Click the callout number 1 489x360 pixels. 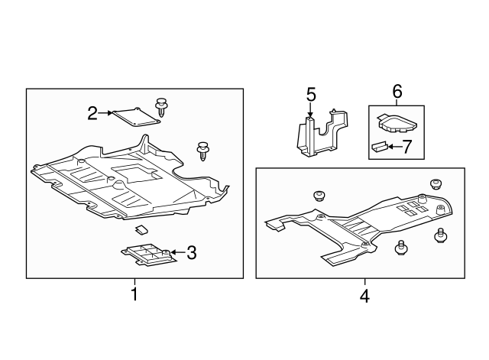click(x=134, y=294)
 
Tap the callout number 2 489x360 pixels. click(x=92, y=113)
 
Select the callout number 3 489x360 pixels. click(x=192, y=252)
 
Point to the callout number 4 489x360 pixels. click(x=364, y=296)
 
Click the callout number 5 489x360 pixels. click(x=311, y=95)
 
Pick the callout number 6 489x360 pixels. click(x=397, y=92)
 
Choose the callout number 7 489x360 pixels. click(x=406, y=147)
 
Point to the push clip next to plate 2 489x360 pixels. click(x=160, y=108)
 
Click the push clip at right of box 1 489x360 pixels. click(x=203, y=151)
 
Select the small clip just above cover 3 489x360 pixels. click(x=142, y=229)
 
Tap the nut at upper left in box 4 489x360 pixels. click(x=319, y=196)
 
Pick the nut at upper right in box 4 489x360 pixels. click(x=436, y=183)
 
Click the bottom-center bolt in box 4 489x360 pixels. click(x=400, y=247)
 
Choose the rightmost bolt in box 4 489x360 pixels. click(x=440, y=235)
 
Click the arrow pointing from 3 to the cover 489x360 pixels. click(x=177, y=252)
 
